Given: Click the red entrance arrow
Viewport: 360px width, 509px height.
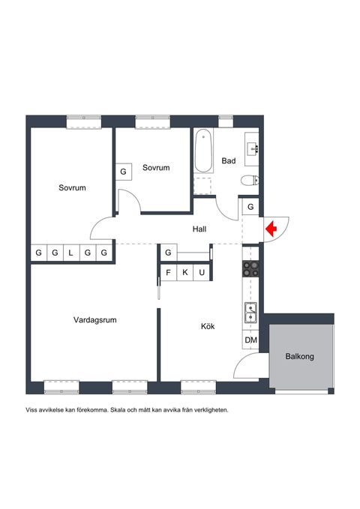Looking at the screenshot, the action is coord(271,229).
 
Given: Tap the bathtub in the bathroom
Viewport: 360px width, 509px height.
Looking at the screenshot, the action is coord(203,150).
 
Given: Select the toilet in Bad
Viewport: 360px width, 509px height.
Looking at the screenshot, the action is coord(250,180).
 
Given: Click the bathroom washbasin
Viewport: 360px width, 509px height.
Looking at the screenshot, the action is coord(253,149).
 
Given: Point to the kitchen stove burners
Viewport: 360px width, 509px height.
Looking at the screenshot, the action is coord(250,269).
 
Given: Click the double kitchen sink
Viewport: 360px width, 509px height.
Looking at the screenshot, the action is coord(250,313).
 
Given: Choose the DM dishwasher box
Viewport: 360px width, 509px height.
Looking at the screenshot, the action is coord(250,340).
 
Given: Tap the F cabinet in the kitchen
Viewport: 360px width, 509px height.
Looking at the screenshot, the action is coord(169,272).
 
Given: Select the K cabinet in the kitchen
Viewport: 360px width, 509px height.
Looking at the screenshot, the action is coord(184,272).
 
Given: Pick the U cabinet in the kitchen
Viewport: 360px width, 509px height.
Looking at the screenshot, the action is coord(202,272).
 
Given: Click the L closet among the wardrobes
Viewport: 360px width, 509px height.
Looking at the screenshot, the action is coord(71,253).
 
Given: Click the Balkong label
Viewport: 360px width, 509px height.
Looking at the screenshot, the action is coord(299,356).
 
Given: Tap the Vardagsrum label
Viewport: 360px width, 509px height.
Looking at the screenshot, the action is coord(94,320).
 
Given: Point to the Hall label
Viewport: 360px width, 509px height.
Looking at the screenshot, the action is coord(199,229).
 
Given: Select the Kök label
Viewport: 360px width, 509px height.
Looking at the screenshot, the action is coord(208,326).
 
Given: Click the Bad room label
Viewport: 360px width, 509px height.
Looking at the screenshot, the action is coord(229,160).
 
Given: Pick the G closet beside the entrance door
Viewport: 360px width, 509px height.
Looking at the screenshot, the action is coord(250,207).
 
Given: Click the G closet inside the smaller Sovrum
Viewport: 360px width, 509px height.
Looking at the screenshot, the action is coord(124,172).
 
